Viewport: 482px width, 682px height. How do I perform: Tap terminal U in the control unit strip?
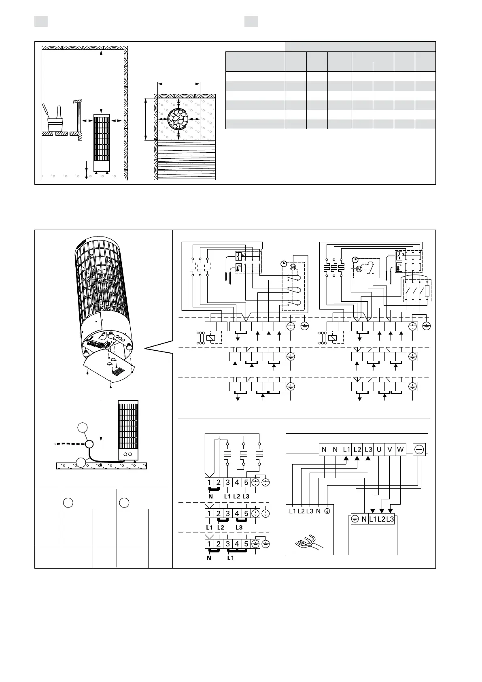(379, 450)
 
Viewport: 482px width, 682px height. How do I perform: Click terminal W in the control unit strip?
(400, 450)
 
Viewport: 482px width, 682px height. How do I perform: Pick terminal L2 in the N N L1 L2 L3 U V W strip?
(357, 450)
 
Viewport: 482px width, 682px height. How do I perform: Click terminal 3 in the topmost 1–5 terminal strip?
(227, 482)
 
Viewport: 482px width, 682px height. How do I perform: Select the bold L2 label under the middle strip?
(221, 528)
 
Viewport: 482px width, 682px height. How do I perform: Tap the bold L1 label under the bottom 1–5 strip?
(230, 558)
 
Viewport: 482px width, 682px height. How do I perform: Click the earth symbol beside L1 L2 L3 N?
(327, 511)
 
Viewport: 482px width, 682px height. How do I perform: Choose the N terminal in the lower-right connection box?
(364, 520)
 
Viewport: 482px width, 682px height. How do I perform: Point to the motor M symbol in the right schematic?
(359, 269)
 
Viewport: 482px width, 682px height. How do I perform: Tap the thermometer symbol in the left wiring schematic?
(239, 268)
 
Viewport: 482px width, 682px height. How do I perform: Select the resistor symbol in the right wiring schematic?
(427, 290)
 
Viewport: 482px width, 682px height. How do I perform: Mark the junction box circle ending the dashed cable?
(89, 444)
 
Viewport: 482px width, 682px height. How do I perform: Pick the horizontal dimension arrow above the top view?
(178, 84)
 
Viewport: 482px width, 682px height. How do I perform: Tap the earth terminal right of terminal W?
(419, 449)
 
